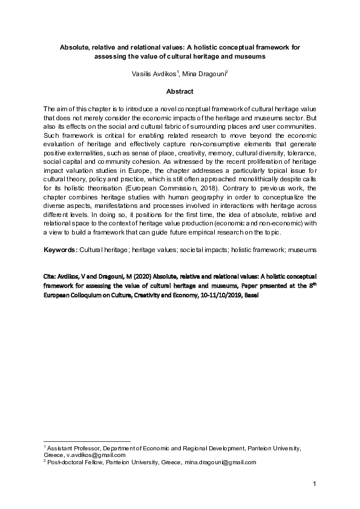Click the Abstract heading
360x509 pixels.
(x=180, y=91)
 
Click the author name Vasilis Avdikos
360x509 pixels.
(x=154, y=74)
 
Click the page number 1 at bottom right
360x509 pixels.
(x=315, y=484)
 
